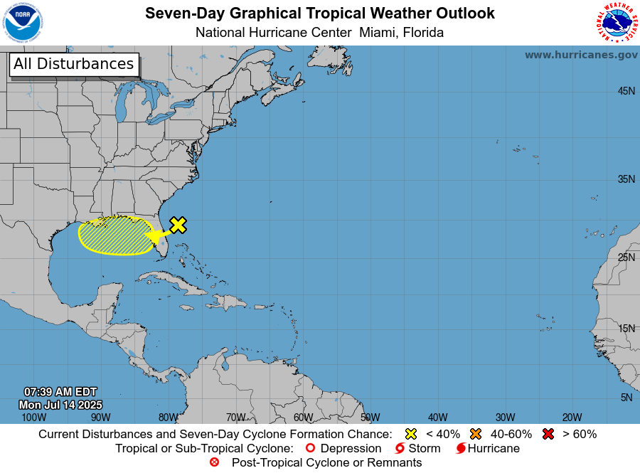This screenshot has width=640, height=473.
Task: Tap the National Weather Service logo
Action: pos(615,23)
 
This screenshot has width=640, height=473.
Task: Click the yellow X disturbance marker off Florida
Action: pos(178,225)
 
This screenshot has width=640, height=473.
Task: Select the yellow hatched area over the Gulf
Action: pos(114,235)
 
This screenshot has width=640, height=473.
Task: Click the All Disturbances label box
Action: pos(73,64)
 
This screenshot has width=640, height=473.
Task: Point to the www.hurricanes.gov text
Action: pos(581,55)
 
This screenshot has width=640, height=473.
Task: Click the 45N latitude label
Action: pos(626,91)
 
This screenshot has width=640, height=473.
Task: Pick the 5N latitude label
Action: pos(626,398)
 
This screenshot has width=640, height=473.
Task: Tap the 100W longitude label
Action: pos(33,417)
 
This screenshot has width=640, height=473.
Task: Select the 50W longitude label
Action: pos(370,417)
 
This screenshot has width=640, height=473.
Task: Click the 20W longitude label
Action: pos(572,417)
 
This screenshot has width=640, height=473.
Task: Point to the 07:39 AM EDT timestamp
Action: pos(60,392)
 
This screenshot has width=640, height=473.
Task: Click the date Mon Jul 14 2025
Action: pos(60,405)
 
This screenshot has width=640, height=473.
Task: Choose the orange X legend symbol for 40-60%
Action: pos(476,434)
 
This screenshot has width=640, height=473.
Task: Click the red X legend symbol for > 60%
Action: pos(548,434)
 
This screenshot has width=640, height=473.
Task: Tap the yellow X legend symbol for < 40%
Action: pos(410,434)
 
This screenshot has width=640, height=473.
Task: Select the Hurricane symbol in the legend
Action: pos(461,448)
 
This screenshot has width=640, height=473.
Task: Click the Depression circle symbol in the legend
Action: pos(309,448)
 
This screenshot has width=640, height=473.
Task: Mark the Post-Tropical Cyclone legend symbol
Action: pos(215,462)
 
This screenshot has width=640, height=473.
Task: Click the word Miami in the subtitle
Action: pos(378,33)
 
